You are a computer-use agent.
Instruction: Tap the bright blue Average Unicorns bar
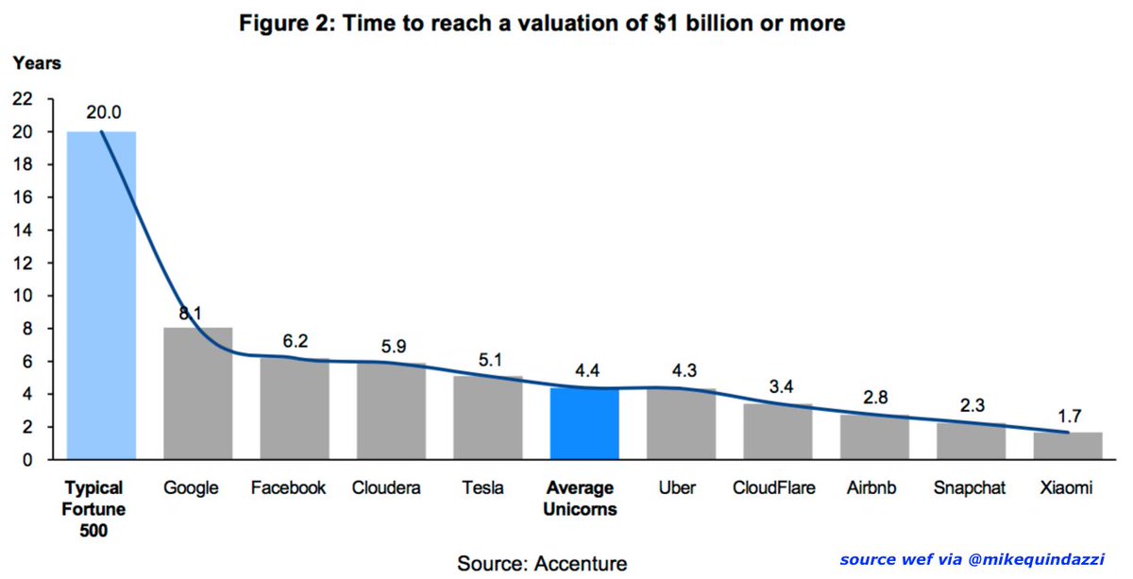click(584, 424)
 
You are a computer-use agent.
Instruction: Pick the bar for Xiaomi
click(1067, 446)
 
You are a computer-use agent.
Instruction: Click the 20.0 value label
click(104, 111)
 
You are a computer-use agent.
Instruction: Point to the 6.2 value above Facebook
click(296, 341)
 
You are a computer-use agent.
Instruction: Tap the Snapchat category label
click(970, 488)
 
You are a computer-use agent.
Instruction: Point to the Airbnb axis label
click(873, 488)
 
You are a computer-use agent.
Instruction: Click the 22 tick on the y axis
click(23, 99)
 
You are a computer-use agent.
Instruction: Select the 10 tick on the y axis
click(23, 296)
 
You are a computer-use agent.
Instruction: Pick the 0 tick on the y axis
click(27, 460)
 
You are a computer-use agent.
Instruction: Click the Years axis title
click(37, 64)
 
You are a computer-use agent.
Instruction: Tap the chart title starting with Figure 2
click(541, 24)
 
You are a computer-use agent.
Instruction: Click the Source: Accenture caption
click(542, 564)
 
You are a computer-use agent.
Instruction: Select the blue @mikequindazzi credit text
click(965, 559)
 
